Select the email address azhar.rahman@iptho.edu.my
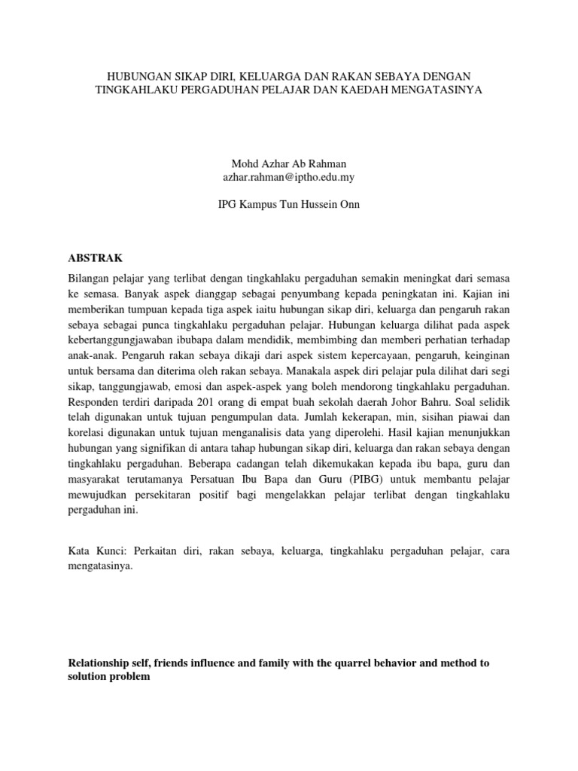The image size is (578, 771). (288, 178)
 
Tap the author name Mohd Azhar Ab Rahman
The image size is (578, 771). (288, 163)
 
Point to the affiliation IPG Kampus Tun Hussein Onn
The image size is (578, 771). (288, 205)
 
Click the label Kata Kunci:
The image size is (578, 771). (93, 552)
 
